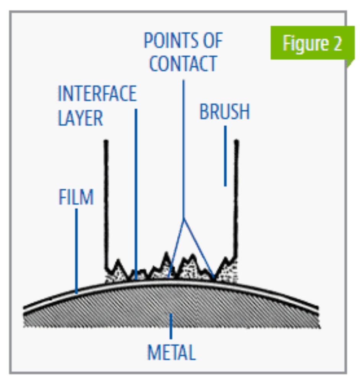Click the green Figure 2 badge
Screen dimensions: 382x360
312,44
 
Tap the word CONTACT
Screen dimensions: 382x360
183,63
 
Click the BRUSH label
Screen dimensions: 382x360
225,112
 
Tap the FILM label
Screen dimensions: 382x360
76,197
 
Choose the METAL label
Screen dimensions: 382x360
172,352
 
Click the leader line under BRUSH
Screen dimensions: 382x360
225,157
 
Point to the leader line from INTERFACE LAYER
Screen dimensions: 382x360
136,191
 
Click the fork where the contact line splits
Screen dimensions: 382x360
184,219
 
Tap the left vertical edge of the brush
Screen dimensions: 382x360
106,199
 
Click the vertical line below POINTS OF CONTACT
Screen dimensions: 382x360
183,149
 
